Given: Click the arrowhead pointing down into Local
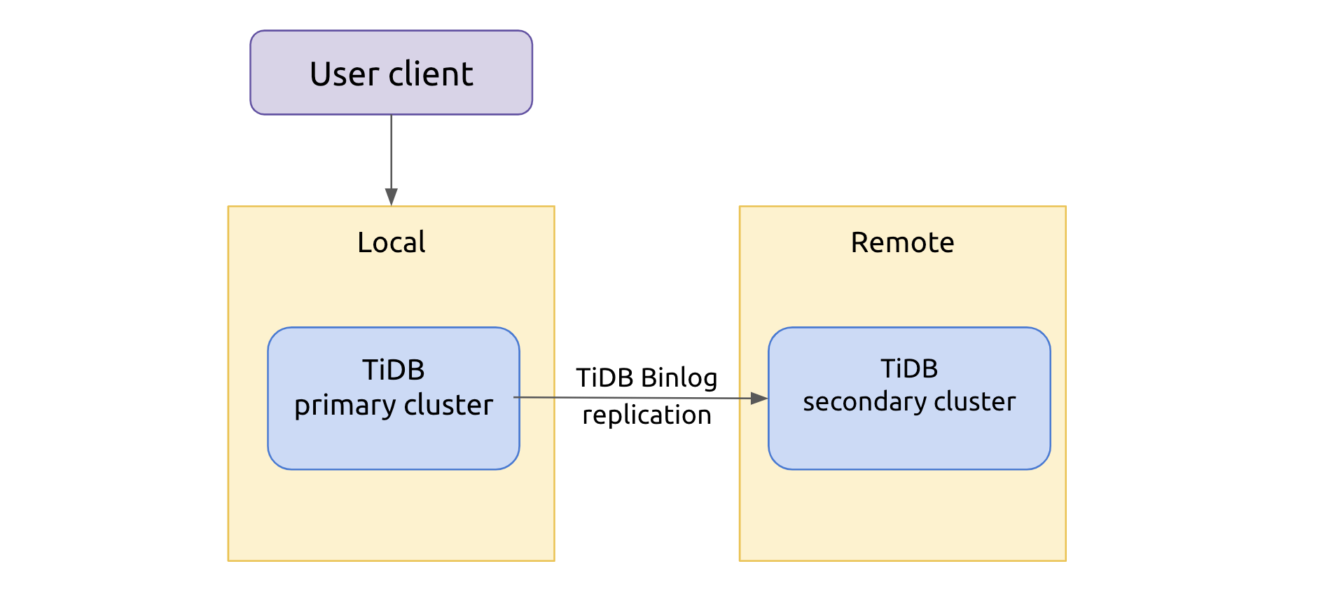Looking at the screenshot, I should click(391, 197).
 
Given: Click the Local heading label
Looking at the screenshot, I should click(391, 243).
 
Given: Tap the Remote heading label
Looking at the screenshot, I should click(902, 243).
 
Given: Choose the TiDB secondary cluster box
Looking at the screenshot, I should click(908, 441).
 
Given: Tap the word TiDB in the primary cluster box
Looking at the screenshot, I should click(393, 370).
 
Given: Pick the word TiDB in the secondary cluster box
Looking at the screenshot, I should click(908, 368).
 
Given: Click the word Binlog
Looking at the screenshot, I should click(679, 378).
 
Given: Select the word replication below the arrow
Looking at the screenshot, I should click(646, 415).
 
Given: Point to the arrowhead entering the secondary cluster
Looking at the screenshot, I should click(759, 398).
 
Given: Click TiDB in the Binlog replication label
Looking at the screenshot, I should click(604, 378).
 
